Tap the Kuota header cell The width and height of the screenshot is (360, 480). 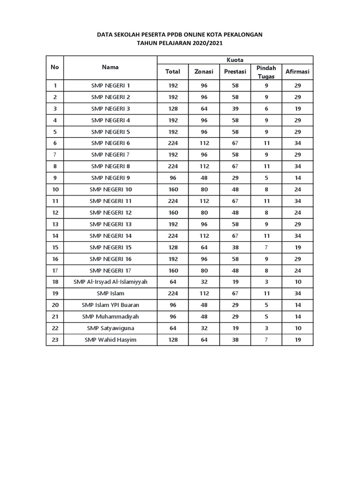(x=234, y=60)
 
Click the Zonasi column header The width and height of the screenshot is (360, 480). (x=204, y=72)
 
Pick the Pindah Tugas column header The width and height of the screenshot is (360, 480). (x=266, y=72)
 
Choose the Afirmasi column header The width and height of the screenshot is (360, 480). (x=298, y=72)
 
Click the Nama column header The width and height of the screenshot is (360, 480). (x=110, y=67)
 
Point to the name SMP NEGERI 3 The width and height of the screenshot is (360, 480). (x=111, y=108)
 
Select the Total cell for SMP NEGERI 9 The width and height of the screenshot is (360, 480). (x=172, y=178)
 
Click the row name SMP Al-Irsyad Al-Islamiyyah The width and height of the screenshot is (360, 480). (x=111, y=282)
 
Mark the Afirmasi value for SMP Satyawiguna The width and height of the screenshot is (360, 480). (x=298, y=328)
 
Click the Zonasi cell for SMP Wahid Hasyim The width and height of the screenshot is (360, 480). (x=204, y=340)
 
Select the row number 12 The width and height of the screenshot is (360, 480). (x=55, y=212)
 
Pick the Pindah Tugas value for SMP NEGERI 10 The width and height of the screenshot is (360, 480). (x=266, y=189)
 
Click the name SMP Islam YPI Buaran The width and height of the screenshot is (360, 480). (x=111, y=305)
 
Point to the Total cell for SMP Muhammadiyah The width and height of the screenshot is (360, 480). (x=172, y=316)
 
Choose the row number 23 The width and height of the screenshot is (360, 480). (x=55, y=340)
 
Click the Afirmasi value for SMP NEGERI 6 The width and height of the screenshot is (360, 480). (x=298, y=143)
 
